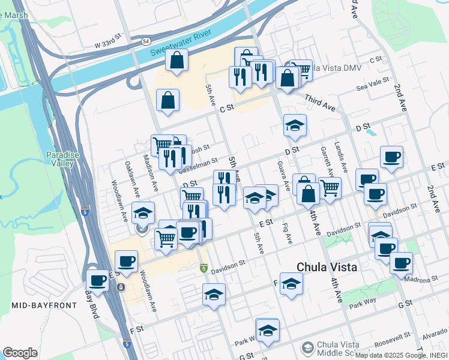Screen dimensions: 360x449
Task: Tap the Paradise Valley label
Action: coord(62,159)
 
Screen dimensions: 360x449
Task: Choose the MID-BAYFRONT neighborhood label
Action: coord(44,305)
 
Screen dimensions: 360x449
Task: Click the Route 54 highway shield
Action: coord(146,41)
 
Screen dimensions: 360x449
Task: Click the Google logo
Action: coord(20,353)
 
